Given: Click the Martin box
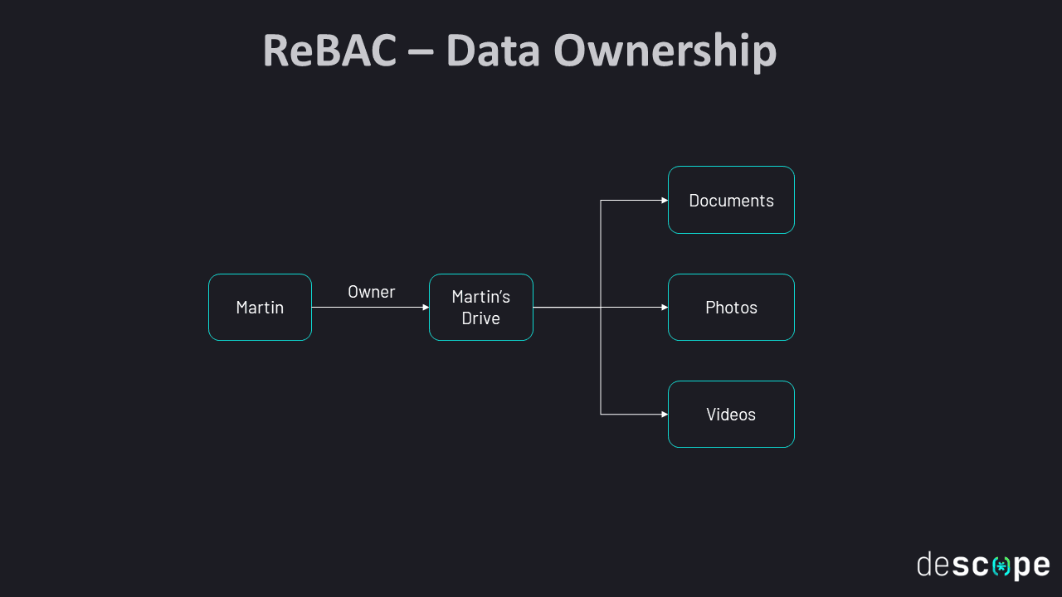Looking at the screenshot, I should tap(260, 308).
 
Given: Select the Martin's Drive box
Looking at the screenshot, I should tap(481, 308).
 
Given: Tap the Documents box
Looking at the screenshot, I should tap(731, 201).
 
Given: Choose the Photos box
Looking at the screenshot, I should tap(731, 308).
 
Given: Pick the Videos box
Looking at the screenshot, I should tap(731, 415).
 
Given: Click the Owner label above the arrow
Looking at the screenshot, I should tap(371, 292).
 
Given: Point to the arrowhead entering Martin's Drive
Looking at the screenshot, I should tap(426, 308).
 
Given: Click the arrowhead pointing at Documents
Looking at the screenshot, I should tap(665, 201).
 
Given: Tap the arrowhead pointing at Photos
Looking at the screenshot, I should tap(665, 308).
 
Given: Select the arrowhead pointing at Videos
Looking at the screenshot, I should tap(665, 415).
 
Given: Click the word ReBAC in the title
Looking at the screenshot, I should tap(329, 51).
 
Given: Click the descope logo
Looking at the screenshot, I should tap(983, 565).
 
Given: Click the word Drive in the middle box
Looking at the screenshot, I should tap(481, 318).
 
